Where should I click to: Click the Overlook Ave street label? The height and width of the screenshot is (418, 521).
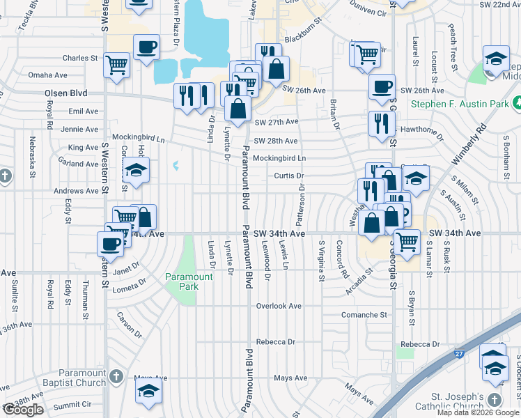279,306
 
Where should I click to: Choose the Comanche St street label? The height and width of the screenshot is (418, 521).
364,315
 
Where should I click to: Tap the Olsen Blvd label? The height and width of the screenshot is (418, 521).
65,93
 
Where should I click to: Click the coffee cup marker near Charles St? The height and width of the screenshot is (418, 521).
146,47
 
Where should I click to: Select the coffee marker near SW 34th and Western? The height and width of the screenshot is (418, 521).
110,243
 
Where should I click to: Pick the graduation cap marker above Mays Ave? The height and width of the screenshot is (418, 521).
148,391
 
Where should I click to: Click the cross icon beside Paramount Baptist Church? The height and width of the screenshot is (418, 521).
116,376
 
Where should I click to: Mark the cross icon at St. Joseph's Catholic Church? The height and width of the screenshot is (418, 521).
495,399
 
